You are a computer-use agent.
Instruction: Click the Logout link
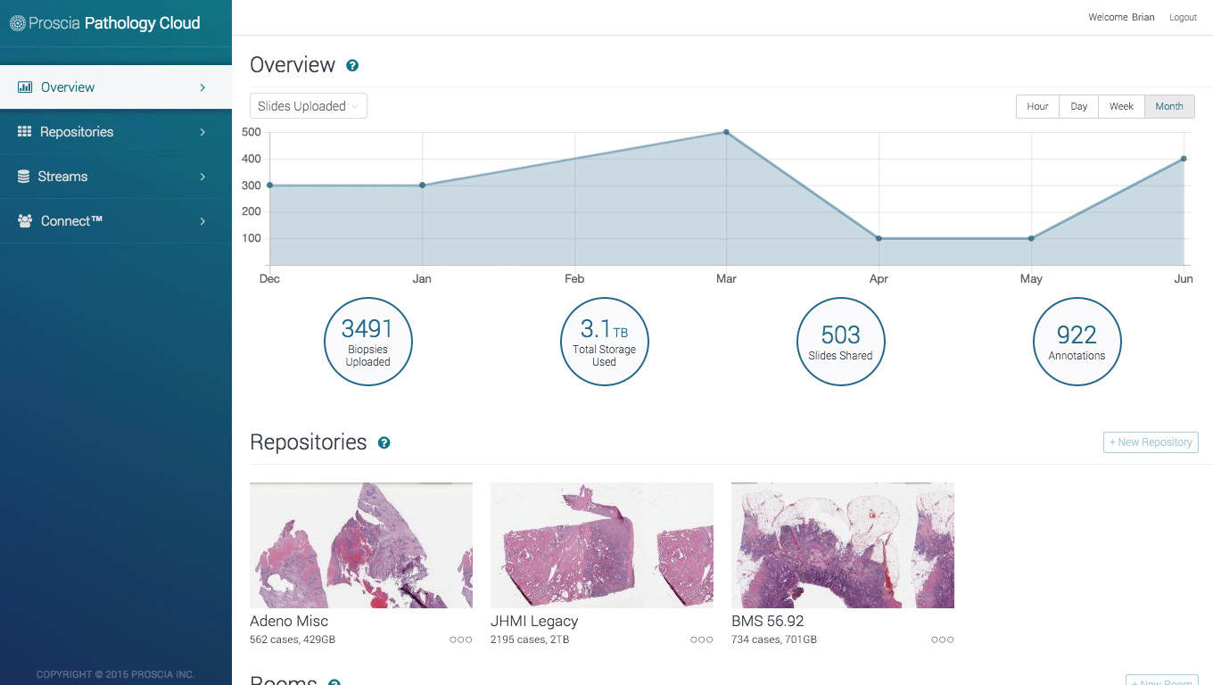[x=1183, y=18]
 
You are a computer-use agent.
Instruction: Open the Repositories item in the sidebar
[x=77, y=132]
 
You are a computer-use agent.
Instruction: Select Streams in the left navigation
[x=62, y=177]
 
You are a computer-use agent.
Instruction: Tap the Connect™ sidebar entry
[x=71, y=221]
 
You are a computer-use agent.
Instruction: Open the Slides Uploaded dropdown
[x=309, y=106]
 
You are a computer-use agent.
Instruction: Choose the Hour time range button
[x=1037, y=106]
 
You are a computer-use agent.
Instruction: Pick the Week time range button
[x=1121, y=106]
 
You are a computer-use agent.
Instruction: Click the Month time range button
[x=1169, y=106]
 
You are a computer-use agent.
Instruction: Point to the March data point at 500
[x=726, y=132]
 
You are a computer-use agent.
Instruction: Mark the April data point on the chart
[x=879, y=238]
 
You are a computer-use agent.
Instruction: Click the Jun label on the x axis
[x=1184, y=279]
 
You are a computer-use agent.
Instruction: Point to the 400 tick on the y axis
[x=251, y=159]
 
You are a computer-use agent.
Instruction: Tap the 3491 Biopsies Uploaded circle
[x=367, y=342]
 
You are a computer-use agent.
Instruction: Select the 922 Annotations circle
[x=1077, y=342]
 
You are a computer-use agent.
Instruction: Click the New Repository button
[x=1151, y=442]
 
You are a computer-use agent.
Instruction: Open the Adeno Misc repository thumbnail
[x=361, y=545]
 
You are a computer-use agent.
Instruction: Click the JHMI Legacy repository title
[x=534, y=621]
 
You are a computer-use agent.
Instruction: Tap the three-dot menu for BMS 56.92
[x=942, y=640]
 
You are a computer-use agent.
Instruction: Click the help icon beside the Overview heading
[x=352, y=65]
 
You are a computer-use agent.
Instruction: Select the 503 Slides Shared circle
[x=840, y=342]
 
